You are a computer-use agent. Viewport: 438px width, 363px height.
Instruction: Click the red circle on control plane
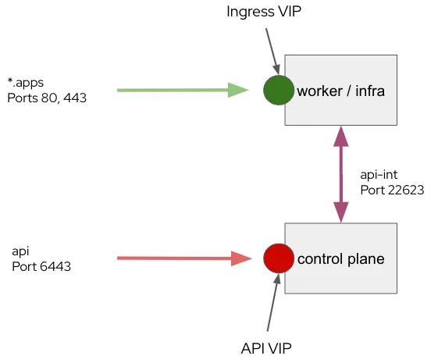(x=278, y=258)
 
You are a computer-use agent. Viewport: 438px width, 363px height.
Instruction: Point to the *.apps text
(x=24, y=83)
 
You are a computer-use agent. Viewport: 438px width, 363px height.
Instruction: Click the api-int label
(x=379, y=173)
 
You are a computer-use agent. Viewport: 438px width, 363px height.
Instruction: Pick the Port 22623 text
(x=392, y=189)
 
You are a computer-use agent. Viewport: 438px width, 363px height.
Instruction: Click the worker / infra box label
(x=341, y=91)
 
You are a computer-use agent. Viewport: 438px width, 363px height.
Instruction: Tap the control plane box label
(x=341, y=259)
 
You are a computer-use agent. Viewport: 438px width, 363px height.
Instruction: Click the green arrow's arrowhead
(x=238, y=91)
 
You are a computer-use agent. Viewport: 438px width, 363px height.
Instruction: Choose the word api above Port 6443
(x=21, y=251)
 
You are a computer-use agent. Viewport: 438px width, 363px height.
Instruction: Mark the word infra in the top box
(x=370, y=91)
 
